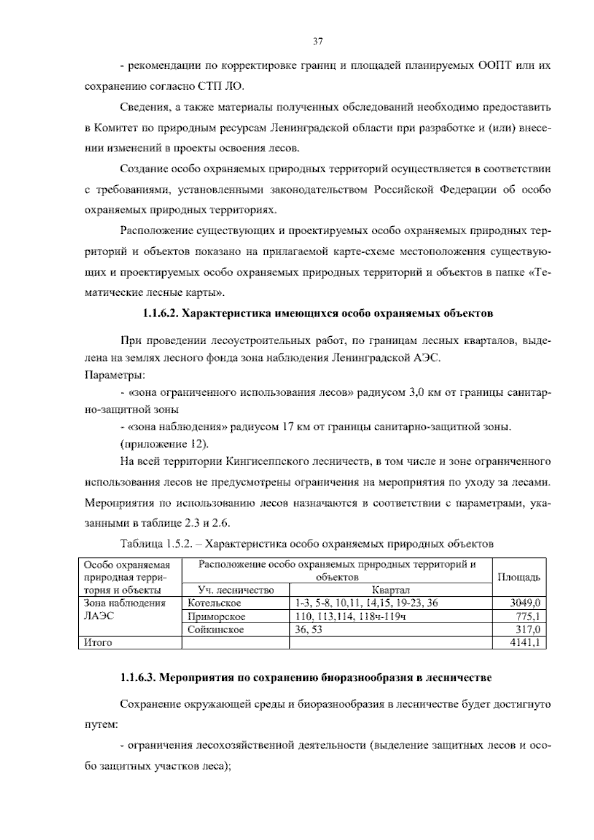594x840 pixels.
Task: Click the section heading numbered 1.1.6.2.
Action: click(317, 314)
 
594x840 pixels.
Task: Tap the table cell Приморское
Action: click(216, 617)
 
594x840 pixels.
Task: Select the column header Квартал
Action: click(391, 590)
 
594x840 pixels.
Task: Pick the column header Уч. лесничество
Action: click(236, 590)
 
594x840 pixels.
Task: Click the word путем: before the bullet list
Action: click(101, 725)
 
